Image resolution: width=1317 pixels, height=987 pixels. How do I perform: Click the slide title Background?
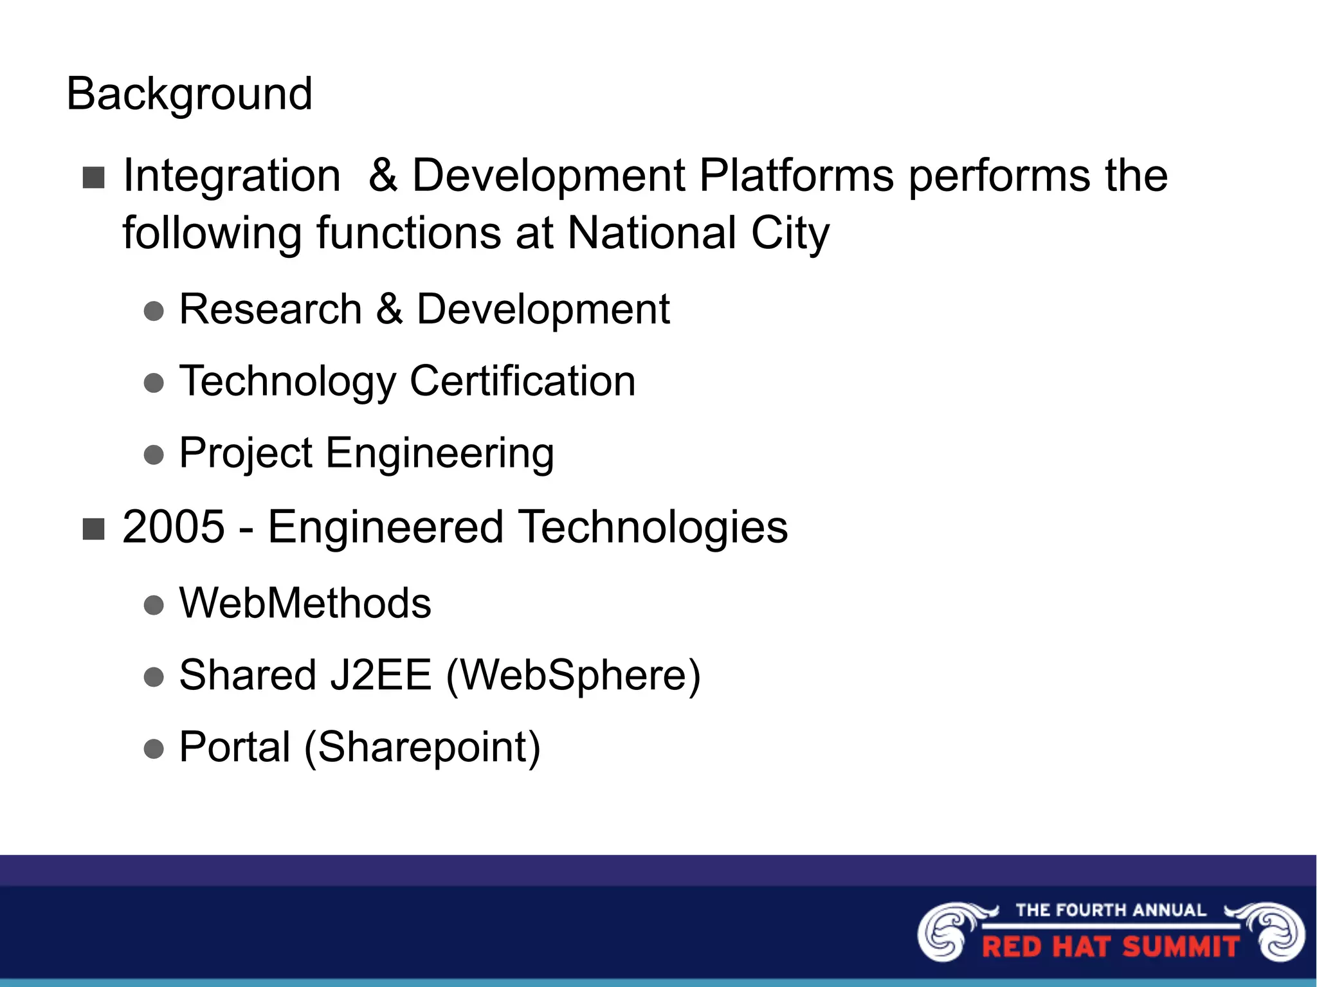click(189, 95)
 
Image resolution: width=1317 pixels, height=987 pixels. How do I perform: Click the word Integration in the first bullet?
click(232, 176)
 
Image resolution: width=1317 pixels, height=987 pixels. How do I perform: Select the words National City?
click(698, 233)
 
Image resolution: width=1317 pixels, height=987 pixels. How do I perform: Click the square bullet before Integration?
click(94, 178)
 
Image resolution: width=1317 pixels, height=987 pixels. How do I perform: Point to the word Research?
click(270, 309)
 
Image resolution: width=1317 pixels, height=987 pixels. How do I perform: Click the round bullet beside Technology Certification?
click(154, 384)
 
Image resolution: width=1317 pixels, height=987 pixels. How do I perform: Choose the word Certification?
click(522, 381)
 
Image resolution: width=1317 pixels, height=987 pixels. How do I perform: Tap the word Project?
click(245, 453)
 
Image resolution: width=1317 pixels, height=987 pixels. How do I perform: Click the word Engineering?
click(440, 453)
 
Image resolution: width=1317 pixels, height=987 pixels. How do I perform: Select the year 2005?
click(173, 527)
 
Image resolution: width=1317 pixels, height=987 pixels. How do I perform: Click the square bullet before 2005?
click(94, 530)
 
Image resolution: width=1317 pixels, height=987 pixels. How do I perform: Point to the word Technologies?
click(653, 527)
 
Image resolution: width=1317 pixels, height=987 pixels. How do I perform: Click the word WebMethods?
click(305, 604)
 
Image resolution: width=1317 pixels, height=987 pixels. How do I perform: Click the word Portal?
click(235, 747)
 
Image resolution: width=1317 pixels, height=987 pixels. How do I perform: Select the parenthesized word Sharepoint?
click(422, 747)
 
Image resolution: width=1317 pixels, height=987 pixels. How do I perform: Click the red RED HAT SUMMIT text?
click(1111, 947)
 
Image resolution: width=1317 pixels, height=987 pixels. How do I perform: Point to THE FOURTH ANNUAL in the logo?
click(1111, 910)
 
